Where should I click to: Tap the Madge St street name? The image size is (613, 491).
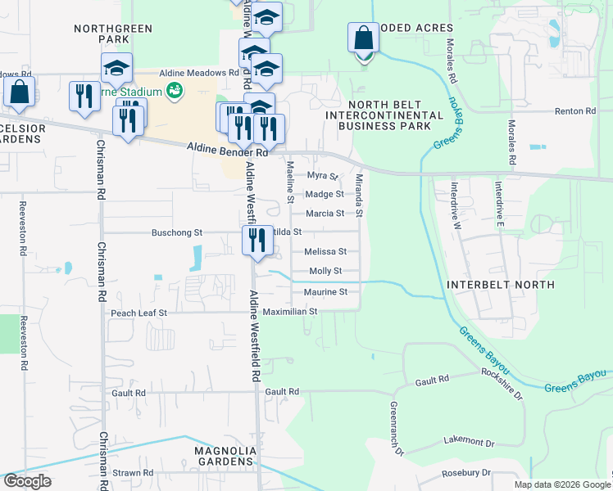click(324, 194)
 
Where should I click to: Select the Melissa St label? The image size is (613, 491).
click(325, 252)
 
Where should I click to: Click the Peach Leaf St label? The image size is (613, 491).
click(138, 313)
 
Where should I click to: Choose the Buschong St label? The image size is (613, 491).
click(176, 233)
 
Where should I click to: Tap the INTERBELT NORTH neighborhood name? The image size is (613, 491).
click(501, 284)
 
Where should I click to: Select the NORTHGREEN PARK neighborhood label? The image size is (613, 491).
click(102, 34)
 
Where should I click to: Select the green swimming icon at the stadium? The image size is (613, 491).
click(175, 91)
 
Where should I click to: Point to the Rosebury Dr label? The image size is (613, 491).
click(464, 473)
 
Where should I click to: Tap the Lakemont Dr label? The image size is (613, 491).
click(469, 443)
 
